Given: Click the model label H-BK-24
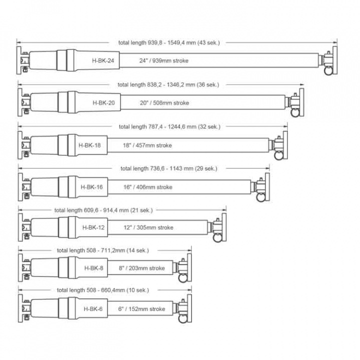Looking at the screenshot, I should [103, 60].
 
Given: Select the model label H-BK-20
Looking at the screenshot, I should [103, 102].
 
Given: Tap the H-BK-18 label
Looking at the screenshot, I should [90, 145].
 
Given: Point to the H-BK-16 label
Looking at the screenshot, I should [91, 187].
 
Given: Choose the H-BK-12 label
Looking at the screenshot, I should [93, 227].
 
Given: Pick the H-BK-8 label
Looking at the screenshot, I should [93, 268].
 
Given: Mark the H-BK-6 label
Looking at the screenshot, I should [93, 309].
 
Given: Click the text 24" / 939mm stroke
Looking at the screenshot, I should [163, 60].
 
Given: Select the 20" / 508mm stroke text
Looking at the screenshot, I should [164, 102].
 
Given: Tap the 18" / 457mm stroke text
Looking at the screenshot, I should [147, 145].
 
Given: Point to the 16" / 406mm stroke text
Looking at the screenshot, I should [147, 187].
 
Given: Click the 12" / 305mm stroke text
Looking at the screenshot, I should [148, 227].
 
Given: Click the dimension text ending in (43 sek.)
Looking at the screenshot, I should [169, 42].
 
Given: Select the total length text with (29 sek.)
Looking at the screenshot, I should [169, 168].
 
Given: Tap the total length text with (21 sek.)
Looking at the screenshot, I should [104, 210].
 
